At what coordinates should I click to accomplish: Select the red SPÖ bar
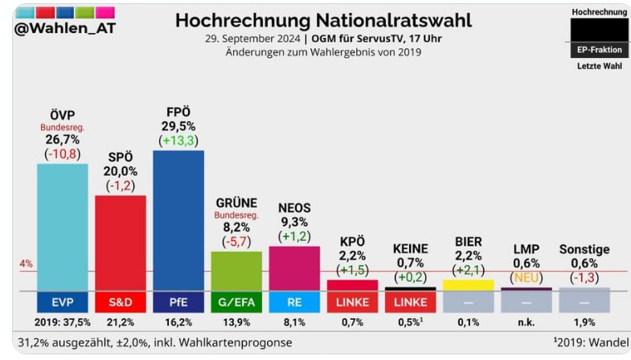pos(121,242)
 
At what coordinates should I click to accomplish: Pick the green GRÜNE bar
pos(236,270)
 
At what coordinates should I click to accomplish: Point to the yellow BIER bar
pos(468,284)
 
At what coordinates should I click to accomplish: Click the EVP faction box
pos(63,302)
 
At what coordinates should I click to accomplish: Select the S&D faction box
pos(121,302)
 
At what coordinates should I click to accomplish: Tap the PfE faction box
pos(178,302)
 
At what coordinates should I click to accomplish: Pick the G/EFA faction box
pos(236,302)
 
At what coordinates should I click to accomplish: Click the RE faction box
pos(294,302)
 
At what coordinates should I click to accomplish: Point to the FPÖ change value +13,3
pos(178,141)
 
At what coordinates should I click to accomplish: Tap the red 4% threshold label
pos(24,264)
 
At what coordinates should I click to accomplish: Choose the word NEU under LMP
pos(527,277)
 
